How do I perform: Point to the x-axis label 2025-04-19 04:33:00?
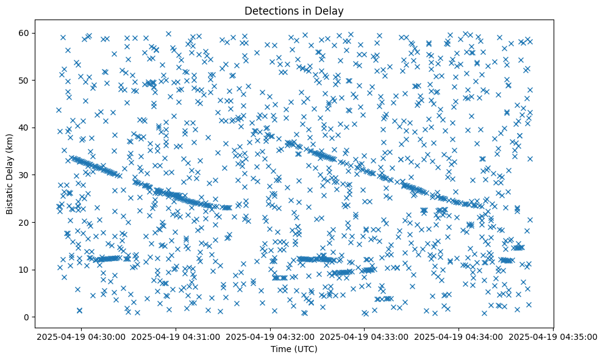(x=365, y=336)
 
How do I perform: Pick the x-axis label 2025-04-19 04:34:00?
(x=459, y=336)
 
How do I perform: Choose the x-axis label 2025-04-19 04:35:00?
(x=554, y=336)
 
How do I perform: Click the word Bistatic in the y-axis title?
(x=10, y=196)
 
